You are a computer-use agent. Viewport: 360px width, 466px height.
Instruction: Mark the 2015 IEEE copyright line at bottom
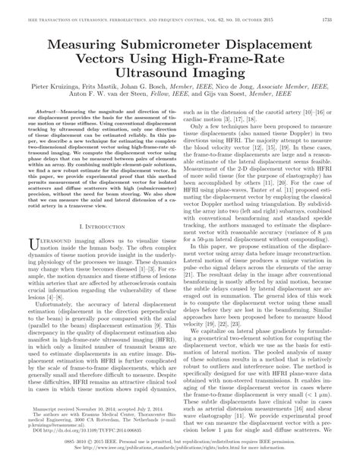point(179,450)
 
